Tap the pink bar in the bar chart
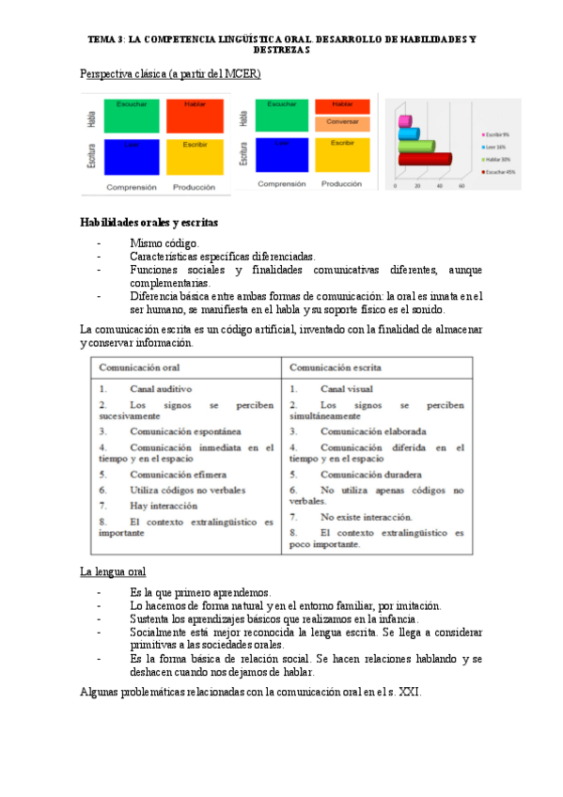point(405,121)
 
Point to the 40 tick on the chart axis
point(439,186)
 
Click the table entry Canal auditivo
point(162,388)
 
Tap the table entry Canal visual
point(346,388)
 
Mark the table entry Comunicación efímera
point(178,475)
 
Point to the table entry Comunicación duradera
point(370,475)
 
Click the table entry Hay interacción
point(164,505)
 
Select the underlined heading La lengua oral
point(113,571)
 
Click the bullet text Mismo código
point(164,243)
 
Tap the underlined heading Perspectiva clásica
point(170,73)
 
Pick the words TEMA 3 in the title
point(104,39)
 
